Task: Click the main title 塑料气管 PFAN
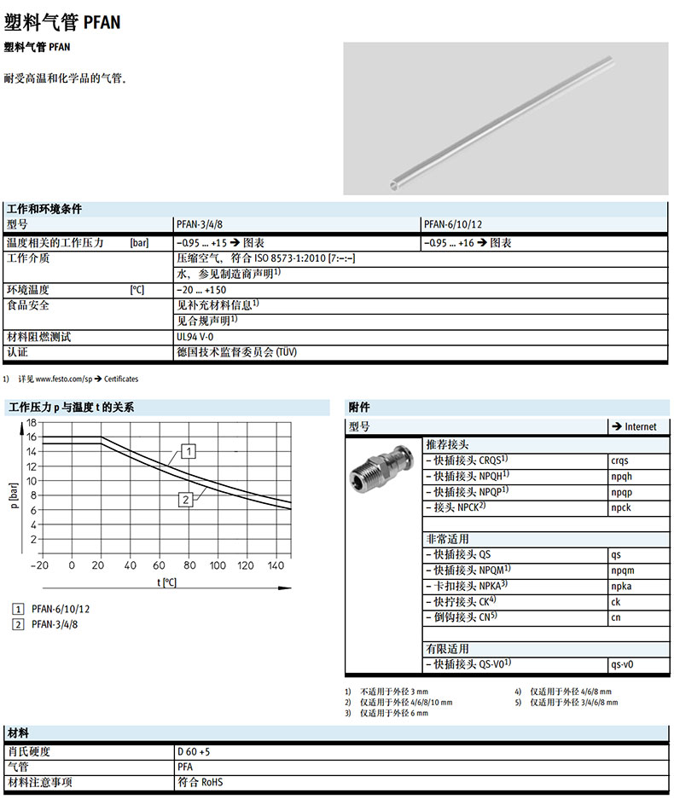tap(62, 22)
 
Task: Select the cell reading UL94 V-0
tap(195, 337)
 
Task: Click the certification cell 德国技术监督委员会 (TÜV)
tap(236, 351)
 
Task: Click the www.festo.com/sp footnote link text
tap(63, 379)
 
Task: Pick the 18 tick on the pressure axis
tap(32, 422)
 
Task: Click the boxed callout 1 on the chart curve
tap(189, 450)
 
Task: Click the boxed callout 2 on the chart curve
tap(184, 500)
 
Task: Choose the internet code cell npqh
tap(623, 476)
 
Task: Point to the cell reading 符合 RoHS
tap(200, 781)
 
